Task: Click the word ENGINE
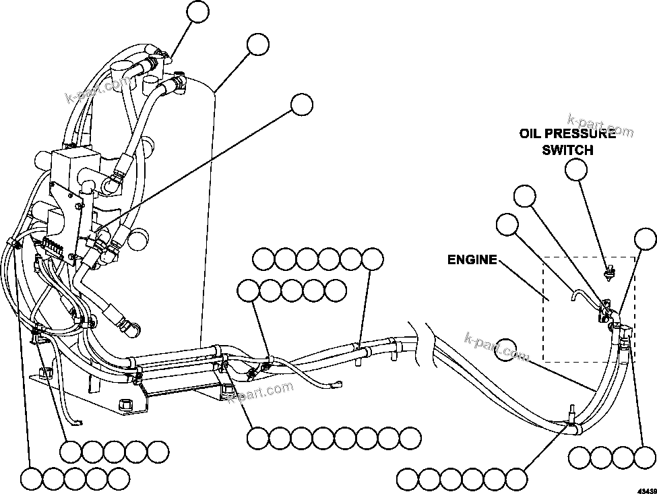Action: pyautogui.click(x=473, y=259)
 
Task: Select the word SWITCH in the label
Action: pyautogui.click(x=567, y=150)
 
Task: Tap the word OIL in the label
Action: pyautogui.click(x=530, y=133)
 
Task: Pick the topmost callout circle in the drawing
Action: pyautogui.click(x=198, y=11)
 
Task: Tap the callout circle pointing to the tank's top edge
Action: pyautogui.click(x=257, y=44)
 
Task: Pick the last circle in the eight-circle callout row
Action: pyautogui.click(x=410, y=438)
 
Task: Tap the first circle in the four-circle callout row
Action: pyautogui.click(x=579, y=458)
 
